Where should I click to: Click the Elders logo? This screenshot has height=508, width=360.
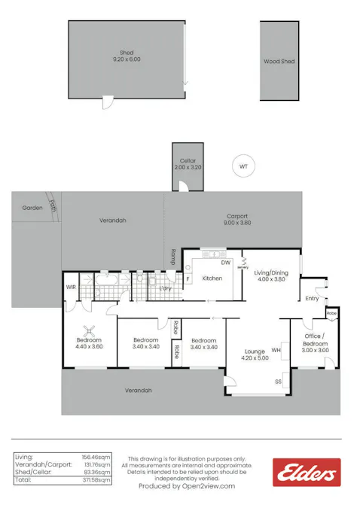307,473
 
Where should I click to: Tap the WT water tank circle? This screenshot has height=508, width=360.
243,166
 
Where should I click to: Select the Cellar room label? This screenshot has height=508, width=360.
188,161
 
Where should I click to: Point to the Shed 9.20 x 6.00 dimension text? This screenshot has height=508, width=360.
127,59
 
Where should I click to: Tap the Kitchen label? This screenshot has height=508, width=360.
212,278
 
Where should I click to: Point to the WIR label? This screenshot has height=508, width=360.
71,287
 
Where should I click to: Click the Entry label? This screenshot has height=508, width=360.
312,298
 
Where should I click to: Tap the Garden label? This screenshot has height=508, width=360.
32,208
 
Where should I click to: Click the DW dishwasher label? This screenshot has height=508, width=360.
225,263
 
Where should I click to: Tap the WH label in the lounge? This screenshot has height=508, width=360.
276,350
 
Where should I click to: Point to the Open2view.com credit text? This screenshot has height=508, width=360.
186,486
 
